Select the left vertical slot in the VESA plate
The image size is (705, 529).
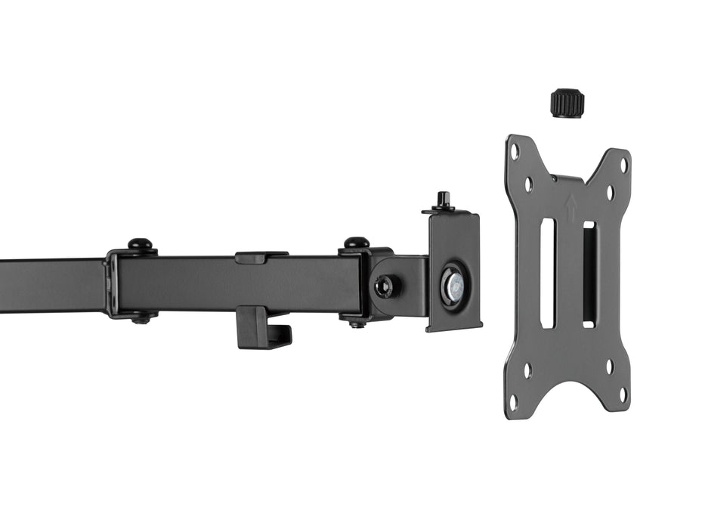[548, 273]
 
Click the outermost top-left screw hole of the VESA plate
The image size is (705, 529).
[515, 151]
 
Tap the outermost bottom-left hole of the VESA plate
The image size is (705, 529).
[514, 401]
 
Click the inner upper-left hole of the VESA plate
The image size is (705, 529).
[528, 183]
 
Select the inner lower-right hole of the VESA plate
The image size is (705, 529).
[609, 367]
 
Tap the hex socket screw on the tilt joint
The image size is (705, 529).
[387, 286]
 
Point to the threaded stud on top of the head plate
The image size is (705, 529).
[443, 201]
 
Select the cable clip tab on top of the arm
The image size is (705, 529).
[261, 257]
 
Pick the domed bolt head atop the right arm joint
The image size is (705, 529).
[357, 243]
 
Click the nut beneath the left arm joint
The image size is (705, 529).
[141, 319]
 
